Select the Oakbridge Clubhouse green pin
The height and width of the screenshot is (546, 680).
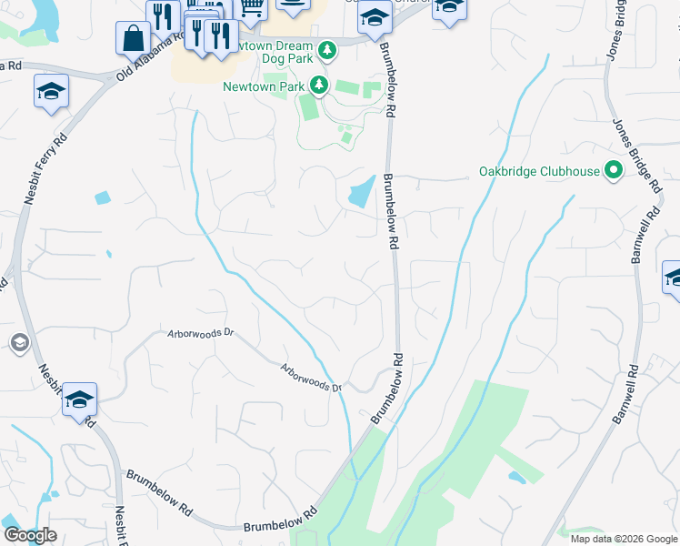(614, 170)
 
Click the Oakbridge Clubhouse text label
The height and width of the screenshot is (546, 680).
(539, 171)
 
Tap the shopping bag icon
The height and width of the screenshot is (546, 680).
(133, 38)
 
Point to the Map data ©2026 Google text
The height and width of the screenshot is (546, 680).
(624, 539)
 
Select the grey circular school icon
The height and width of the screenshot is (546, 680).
(18, 343)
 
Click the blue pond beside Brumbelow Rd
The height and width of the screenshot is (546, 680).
(360, 191)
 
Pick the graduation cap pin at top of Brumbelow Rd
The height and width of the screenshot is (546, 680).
(374, 18)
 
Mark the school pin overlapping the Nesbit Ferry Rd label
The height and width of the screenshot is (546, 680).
(79, 399)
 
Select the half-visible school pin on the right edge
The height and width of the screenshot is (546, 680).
(672, 279)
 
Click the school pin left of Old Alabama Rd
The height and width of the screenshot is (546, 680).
(51, 91)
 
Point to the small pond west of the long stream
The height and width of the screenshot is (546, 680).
(101, 197)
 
